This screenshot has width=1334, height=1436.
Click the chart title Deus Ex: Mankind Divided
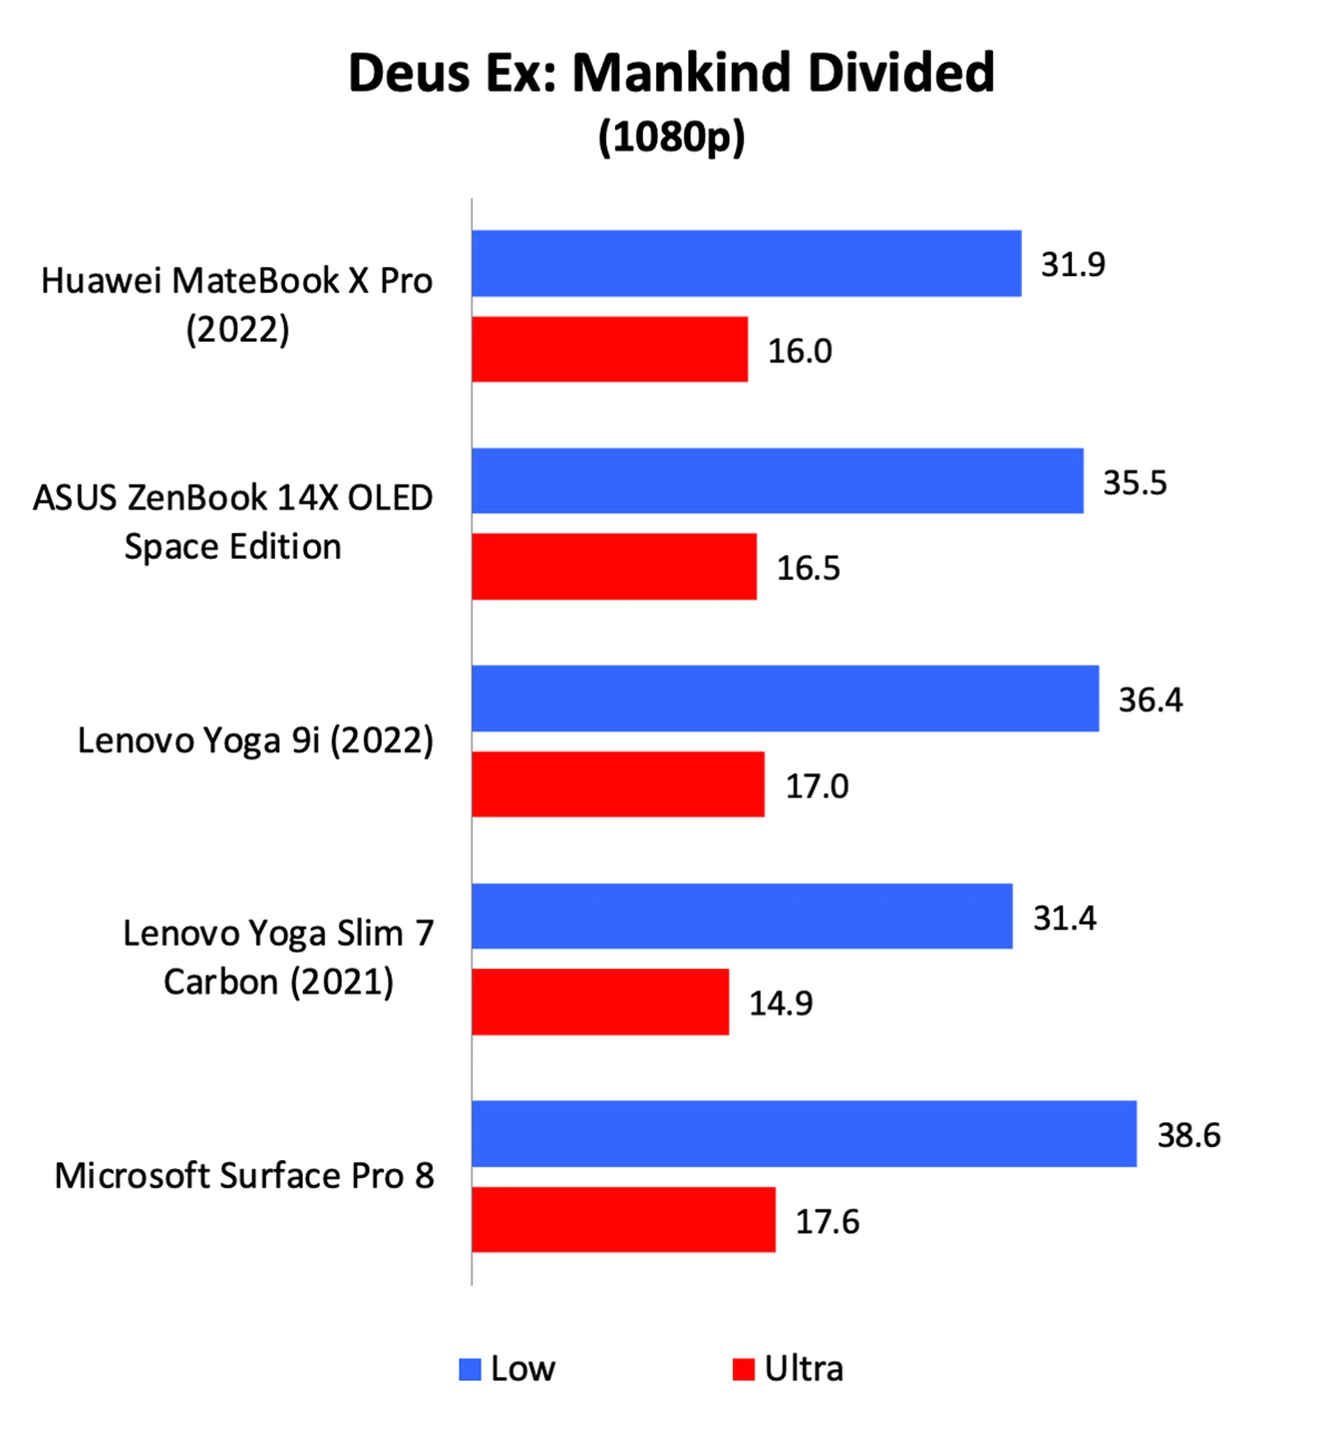click(x=671, y=73)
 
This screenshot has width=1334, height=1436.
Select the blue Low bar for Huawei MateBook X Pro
click(x=746, y=263)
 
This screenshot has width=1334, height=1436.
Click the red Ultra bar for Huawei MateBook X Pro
click(x=610, y=350)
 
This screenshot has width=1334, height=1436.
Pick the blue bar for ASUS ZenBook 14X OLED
click(x=777, y=481)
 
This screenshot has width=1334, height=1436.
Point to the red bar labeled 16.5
click(x=614, y=566)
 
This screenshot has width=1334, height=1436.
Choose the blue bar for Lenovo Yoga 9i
click(x=785, y=699)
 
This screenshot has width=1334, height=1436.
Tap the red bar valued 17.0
click(x=618, y=784)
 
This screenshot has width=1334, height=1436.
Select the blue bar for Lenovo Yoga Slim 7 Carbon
click(x=742, y=916)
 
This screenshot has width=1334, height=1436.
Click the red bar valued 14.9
click(x=600, y=1002)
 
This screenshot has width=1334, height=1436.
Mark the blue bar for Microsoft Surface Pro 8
click(x=804, y=1134)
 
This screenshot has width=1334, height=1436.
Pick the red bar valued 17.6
click(x=624, y=1219)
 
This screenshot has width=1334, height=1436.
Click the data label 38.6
click(x=1189, y=1135)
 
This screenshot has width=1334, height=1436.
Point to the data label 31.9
click(x=1073, y=264)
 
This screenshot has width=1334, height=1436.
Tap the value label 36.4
click(x=1151, y=700)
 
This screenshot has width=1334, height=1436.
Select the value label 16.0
click(x=800, y=351)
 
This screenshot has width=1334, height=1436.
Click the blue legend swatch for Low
click(x=470, y=1369)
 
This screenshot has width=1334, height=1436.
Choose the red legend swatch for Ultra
click(x=743, y=1369)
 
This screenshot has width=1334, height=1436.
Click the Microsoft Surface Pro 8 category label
click(x=244, y=1175)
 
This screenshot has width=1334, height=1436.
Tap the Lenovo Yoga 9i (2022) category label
click(x=256, y=741)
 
